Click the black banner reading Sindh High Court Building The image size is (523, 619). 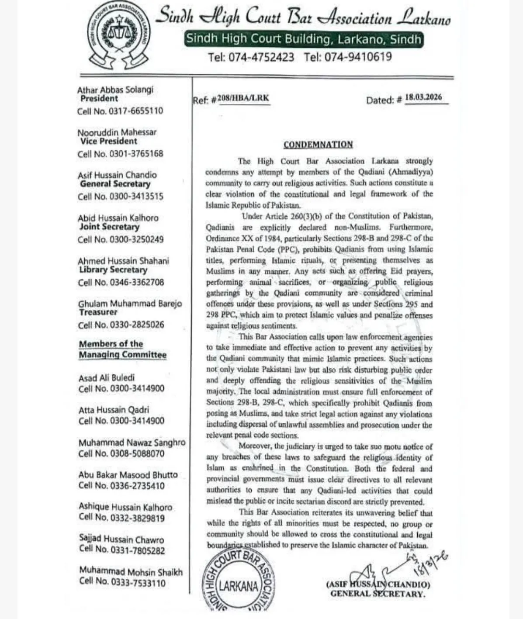pos(304,39)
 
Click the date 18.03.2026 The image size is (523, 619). pos(423,97)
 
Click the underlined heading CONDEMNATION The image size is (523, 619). pos(318,145)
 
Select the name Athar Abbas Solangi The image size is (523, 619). pos(115,90)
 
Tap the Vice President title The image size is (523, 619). pos(108,141)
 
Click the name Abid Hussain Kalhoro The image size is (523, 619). pos(118,218)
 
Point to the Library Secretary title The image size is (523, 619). pos(113,270)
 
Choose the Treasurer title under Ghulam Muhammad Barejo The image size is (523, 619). pos(98,312)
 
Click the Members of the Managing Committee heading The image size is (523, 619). pos(122,349)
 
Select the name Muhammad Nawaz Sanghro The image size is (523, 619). pos(132,443)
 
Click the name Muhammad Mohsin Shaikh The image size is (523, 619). pos(131,572)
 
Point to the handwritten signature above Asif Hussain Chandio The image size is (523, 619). pos(384,570)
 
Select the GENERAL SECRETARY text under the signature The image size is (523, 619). pos(377,594)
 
